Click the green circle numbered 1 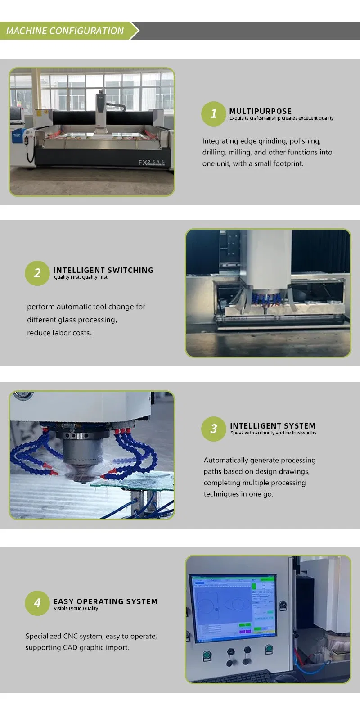[213, 114]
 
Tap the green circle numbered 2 [37, 273]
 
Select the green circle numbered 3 [214, 429]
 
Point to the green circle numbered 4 [37, 603]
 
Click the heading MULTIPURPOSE [261, 111]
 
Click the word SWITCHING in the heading [130, 270]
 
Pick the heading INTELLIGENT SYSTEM [273, 426]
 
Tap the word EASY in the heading [63, 601]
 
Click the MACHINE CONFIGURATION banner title [65, 31]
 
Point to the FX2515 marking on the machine [151, 163]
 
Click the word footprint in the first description [288, 163]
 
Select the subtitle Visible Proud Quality [76, 609]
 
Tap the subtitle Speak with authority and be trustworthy [273, 433]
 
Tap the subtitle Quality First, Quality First [81, 277]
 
